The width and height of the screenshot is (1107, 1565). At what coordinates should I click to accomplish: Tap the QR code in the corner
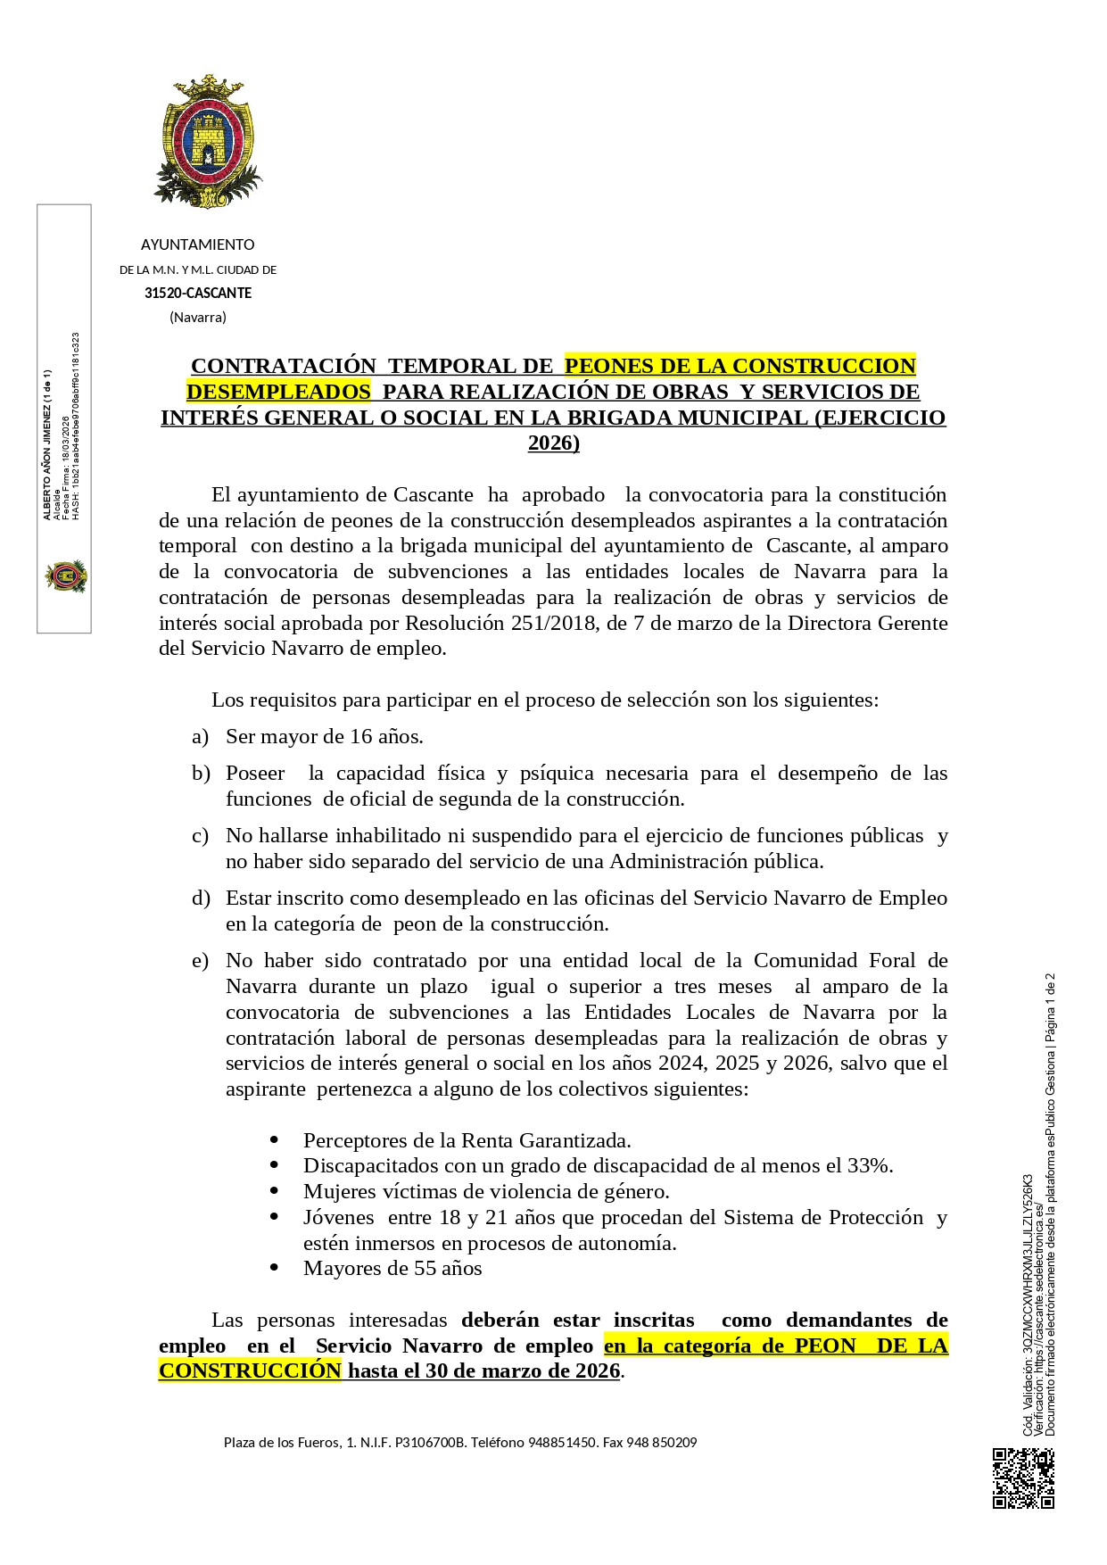click(x=1023, y=1478)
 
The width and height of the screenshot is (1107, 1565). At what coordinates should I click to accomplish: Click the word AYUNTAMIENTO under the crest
click(x=197, y=244)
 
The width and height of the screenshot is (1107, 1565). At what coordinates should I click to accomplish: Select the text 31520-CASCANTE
click(x=198, y=293)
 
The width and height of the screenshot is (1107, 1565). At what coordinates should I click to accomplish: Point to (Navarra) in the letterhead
click(x=198, y=317)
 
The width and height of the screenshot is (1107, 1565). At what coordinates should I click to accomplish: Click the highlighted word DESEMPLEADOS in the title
click(x=278, y=392)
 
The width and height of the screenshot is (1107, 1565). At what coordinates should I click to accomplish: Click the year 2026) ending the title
click(x=553, y=443)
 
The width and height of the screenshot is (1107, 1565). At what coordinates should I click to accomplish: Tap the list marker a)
click(x=201, y=736)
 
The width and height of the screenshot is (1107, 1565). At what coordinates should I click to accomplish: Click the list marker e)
click(x=201, y=960)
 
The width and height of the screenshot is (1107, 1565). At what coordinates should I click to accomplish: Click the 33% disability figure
click(x=869, y=1165)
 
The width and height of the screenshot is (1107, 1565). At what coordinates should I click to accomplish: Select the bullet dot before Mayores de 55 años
click(x=274, y=1268)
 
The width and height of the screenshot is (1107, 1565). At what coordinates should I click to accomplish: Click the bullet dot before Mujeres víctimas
click(x=274, y=1191)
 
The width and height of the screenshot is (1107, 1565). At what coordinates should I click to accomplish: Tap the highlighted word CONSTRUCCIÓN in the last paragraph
click(x=250, y=1370)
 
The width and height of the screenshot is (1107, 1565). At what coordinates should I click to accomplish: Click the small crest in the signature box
click(x=65, y=575)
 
